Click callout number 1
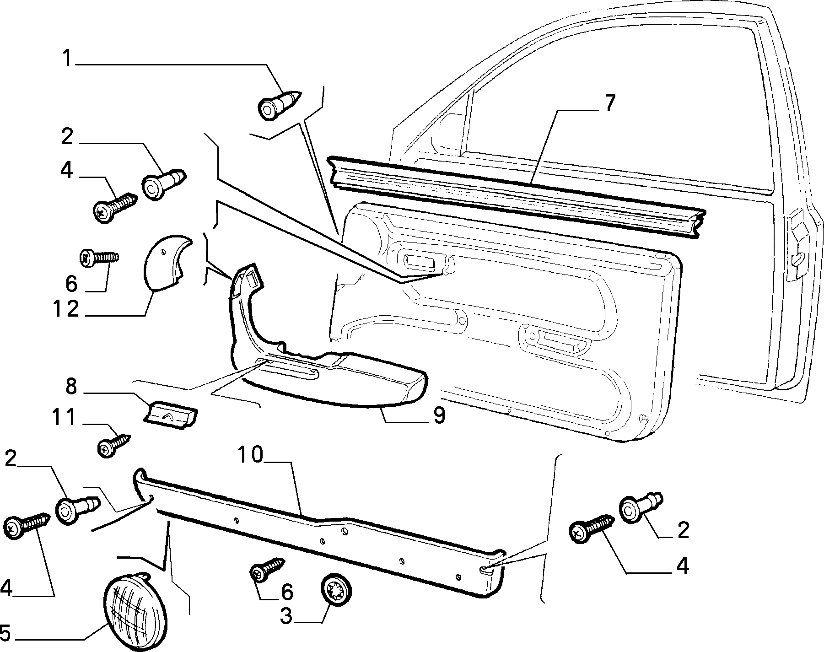(68, 59)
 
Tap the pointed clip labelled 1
(280, 105)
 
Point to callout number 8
(71, 387)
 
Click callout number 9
(439, 416)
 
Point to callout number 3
(286, 616)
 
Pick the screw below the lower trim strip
(267, 569)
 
